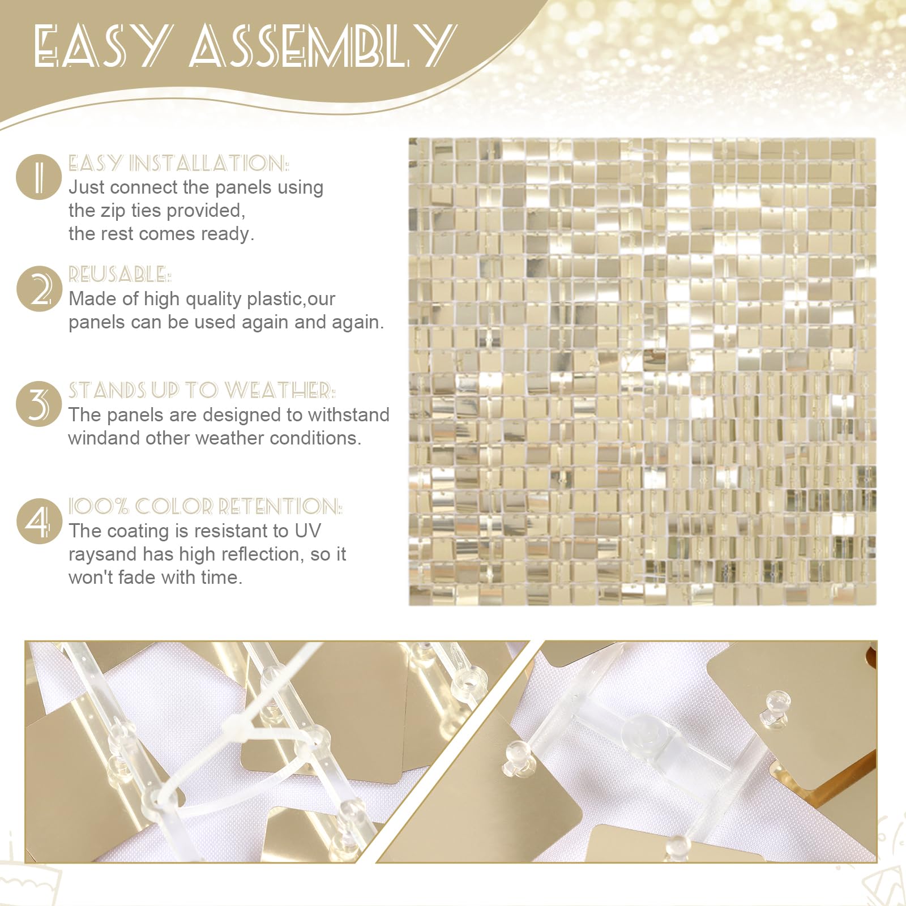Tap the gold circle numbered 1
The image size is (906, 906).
39,177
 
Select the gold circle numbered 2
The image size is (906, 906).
39,288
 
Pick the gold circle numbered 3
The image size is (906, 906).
39,404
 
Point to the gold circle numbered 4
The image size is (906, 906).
39,520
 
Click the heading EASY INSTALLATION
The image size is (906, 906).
178,164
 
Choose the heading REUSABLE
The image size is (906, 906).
119,275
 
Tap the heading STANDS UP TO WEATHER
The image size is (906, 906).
202,391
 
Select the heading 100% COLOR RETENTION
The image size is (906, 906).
205,506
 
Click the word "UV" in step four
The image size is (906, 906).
307,531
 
